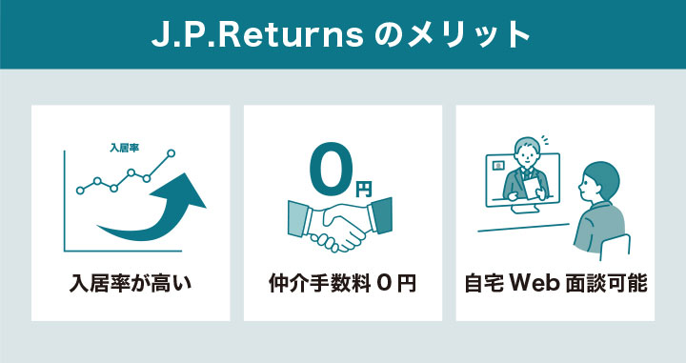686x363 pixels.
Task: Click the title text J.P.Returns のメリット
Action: coord(341,34)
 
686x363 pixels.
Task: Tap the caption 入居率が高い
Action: coord(131,283)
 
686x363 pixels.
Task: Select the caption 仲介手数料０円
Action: coord(342,283)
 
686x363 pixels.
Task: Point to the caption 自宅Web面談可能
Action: coord(556,283)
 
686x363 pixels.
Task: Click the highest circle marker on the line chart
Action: coord(171,152)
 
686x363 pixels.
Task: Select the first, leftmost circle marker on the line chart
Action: coord(80,190)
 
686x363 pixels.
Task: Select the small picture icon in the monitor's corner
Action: coord(495,163)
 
